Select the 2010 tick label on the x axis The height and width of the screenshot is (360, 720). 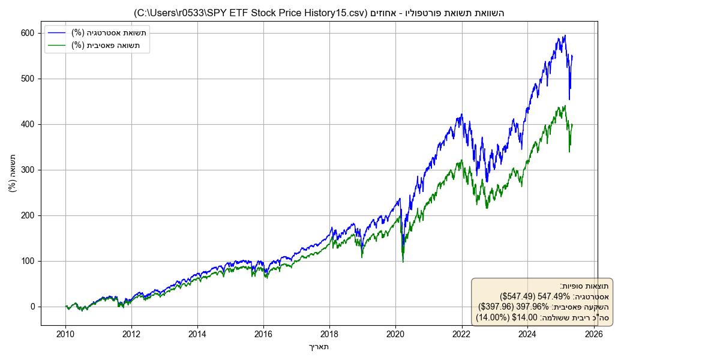click(65, 334)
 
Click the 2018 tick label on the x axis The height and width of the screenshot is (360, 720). click(329, 334)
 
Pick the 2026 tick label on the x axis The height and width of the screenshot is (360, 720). click(593, 334)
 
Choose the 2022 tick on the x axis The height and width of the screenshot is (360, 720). click(461, 326)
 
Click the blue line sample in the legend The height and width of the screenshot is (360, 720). click(58, 32)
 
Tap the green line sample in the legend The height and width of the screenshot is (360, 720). click(58, 45)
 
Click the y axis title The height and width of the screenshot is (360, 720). click(13, 173)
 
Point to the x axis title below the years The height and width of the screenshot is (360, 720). click(319, 346)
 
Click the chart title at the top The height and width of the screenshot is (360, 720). click(319, 13)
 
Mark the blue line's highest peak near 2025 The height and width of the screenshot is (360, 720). click(565, 35)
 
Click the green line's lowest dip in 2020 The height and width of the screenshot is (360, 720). click(403, 262)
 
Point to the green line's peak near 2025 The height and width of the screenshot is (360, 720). click(565, 106)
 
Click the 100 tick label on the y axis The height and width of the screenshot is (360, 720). click(29, 261)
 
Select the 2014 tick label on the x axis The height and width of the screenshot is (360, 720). click(197, 334)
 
